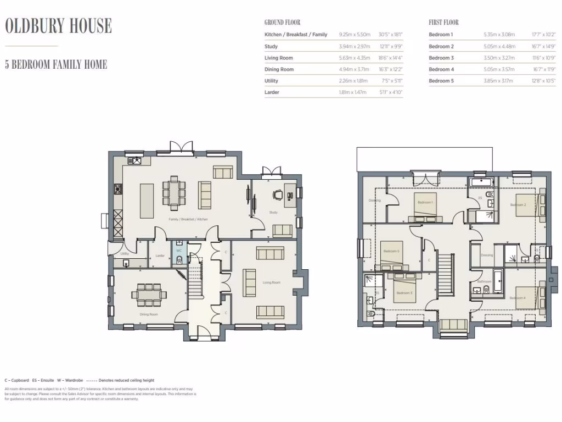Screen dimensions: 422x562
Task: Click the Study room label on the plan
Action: (273, 212)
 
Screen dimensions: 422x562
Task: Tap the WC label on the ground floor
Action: (179, 250)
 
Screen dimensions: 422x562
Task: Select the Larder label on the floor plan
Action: (160, 256)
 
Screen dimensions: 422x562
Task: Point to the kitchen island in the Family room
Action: (147, 201)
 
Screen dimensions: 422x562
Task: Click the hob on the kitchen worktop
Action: (117, 190)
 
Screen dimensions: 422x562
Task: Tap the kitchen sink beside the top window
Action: (134, 160)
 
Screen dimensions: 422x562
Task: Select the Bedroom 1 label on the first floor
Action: (425, 202)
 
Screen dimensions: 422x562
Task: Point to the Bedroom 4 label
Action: (517, 298)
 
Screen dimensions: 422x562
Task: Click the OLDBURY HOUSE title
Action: (59, 26)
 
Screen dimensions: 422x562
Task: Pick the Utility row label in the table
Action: (271, 81)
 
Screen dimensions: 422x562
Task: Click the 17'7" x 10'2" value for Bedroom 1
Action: (544, 35)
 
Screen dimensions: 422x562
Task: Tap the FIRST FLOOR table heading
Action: (443, 23)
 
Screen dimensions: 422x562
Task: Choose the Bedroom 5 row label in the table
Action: (441, 81)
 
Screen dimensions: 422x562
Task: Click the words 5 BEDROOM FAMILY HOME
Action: (56, 64)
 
